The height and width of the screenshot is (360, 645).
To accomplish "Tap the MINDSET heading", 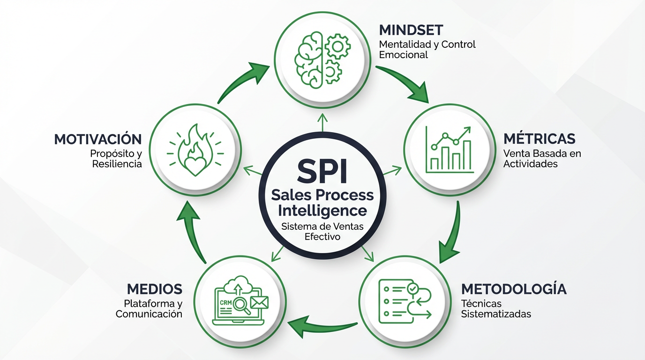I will pos(411,30).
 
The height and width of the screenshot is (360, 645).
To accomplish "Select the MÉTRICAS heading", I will pos(539,139).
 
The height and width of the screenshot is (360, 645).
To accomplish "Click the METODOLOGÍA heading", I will pos(514,289).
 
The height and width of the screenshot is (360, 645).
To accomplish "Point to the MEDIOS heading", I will pos(154,289).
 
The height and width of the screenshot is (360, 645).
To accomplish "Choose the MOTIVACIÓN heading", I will pos(98,139).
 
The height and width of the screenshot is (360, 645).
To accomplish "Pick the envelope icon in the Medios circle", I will pos(258,302).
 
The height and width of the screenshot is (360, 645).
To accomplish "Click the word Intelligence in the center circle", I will pos(322,210).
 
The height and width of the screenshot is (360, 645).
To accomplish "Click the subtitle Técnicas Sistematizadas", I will pos(496,308).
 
